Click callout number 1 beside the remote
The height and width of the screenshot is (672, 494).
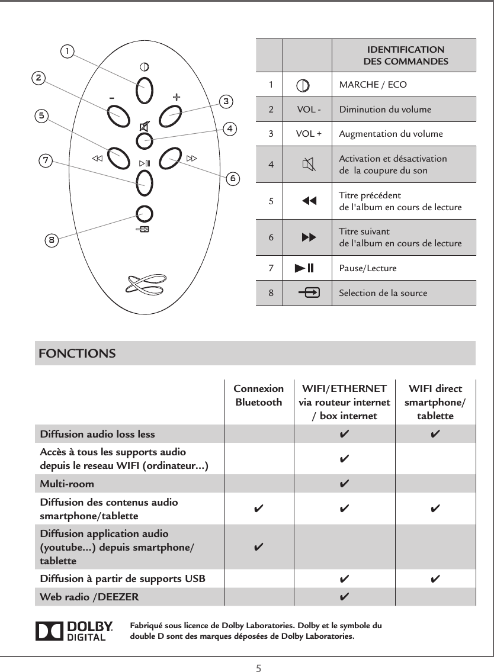(x=69, y=52)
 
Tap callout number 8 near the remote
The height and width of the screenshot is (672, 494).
(x=52, y=240)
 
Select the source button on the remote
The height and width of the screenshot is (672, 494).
(x=143, y=214)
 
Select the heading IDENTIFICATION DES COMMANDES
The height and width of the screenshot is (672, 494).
(x=405, y=56)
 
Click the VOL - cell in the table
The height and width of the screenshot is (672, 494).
(x=309, y=110)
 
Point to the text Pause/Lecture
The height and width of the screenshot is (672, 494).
(x=367, y=269)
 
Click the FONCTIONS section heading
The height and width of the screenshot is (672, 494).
(x=77, y=354)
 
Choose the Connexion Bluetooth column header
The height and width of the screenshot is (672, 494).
(x=259, y=396)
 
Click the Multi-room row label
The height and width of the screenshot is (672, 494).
(x=66, y=484)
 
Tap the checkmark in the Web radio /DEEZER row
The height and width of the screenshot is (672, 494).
(x=344, y=596)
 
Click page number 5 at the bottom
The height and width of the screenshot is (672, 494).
(x=258, y=668)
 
